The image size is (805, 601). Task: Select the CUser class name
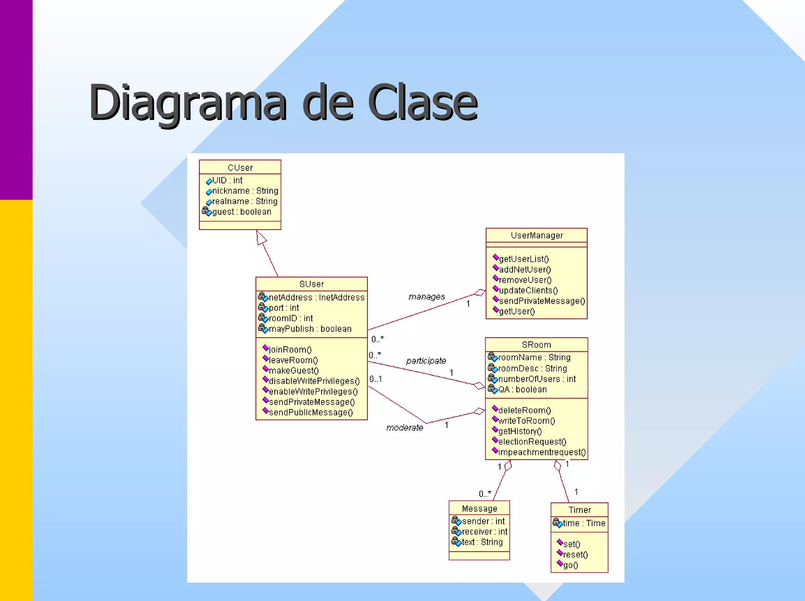point(240,168)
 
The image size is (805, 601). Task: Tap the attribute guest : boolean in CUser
point(241,212)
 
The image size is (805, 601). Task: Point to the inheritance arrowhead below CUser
point(261,237)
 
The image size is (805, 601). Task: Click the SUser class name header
point(311,284)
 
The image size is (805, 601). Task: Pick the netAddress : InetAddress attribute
point(316,298)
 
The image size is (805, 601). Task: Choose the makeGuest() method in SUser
point(293,371)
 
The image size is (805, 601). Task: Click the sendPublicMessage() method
point(311,413)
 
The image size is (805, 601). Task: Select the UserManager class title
point(537,236)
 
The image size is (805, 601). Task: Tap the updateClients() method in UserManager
point(528,290)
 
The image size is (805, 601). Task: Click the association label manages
point(426,297)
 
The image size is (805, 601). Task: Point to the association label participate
point(426,361)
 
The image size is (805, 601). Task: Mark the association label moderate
point(404,427)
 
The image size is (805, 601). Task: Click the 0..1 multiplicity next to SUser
point(376,379)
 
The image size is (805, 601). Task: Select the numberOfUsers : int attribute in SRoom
point(537,379)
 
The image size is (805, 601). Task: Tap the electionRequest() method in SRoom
point(532,442)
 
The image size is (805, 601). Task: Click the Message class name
point(480,509)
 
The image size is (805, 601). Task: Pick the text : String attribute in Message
point(482,542)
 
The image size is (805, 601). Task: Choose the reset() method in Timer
point(575,555)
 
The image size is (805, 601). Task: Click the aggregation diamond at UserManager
point(480,292)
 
